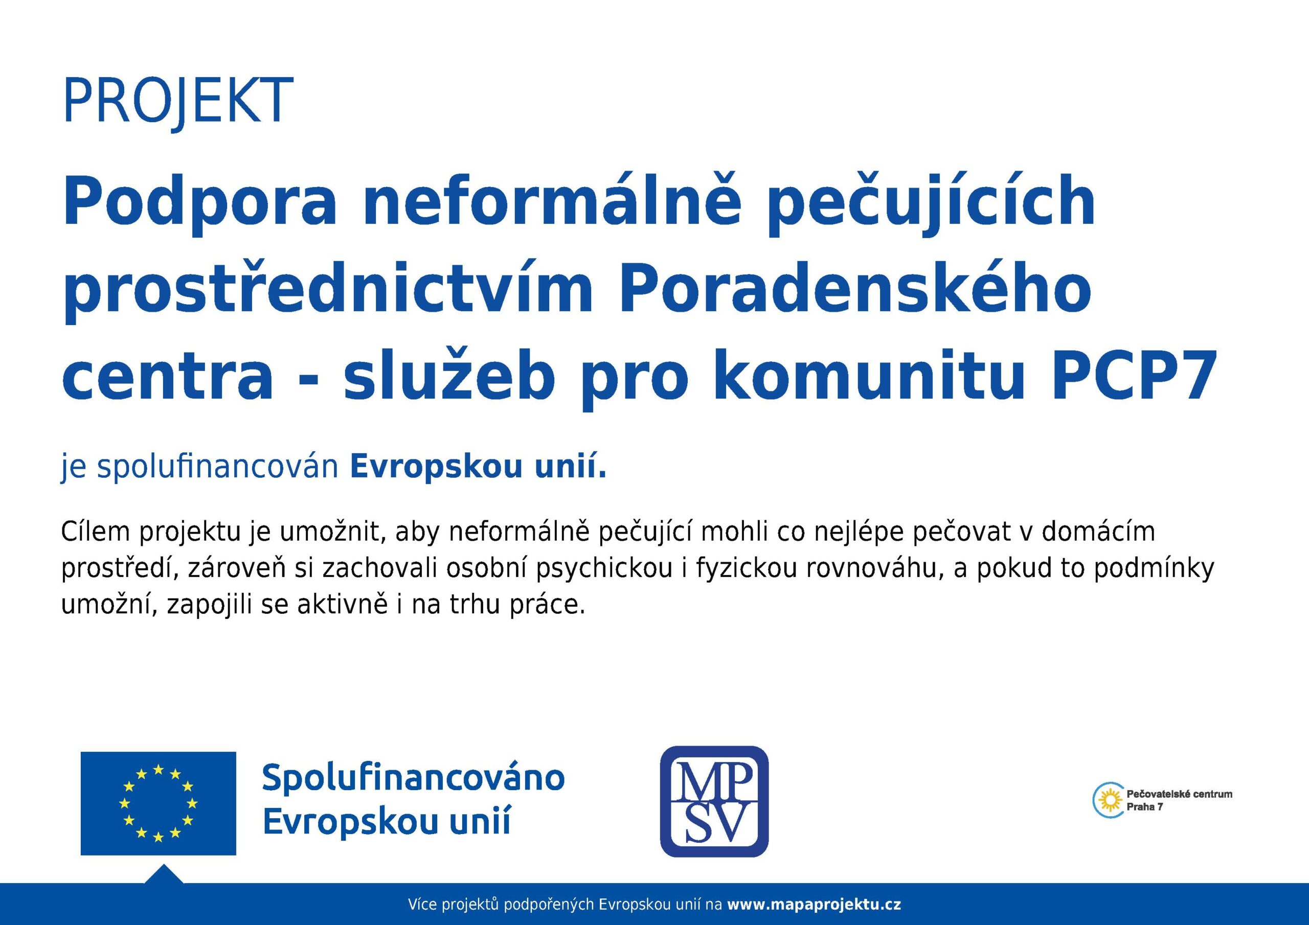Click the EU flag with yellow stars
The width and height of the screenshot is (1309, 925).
pos(159,803)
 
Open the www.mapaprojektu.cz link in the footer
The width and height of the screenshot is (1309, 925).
pos(815,905)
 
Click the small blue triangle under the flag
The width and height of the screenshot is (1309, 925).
pos(164,874)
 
